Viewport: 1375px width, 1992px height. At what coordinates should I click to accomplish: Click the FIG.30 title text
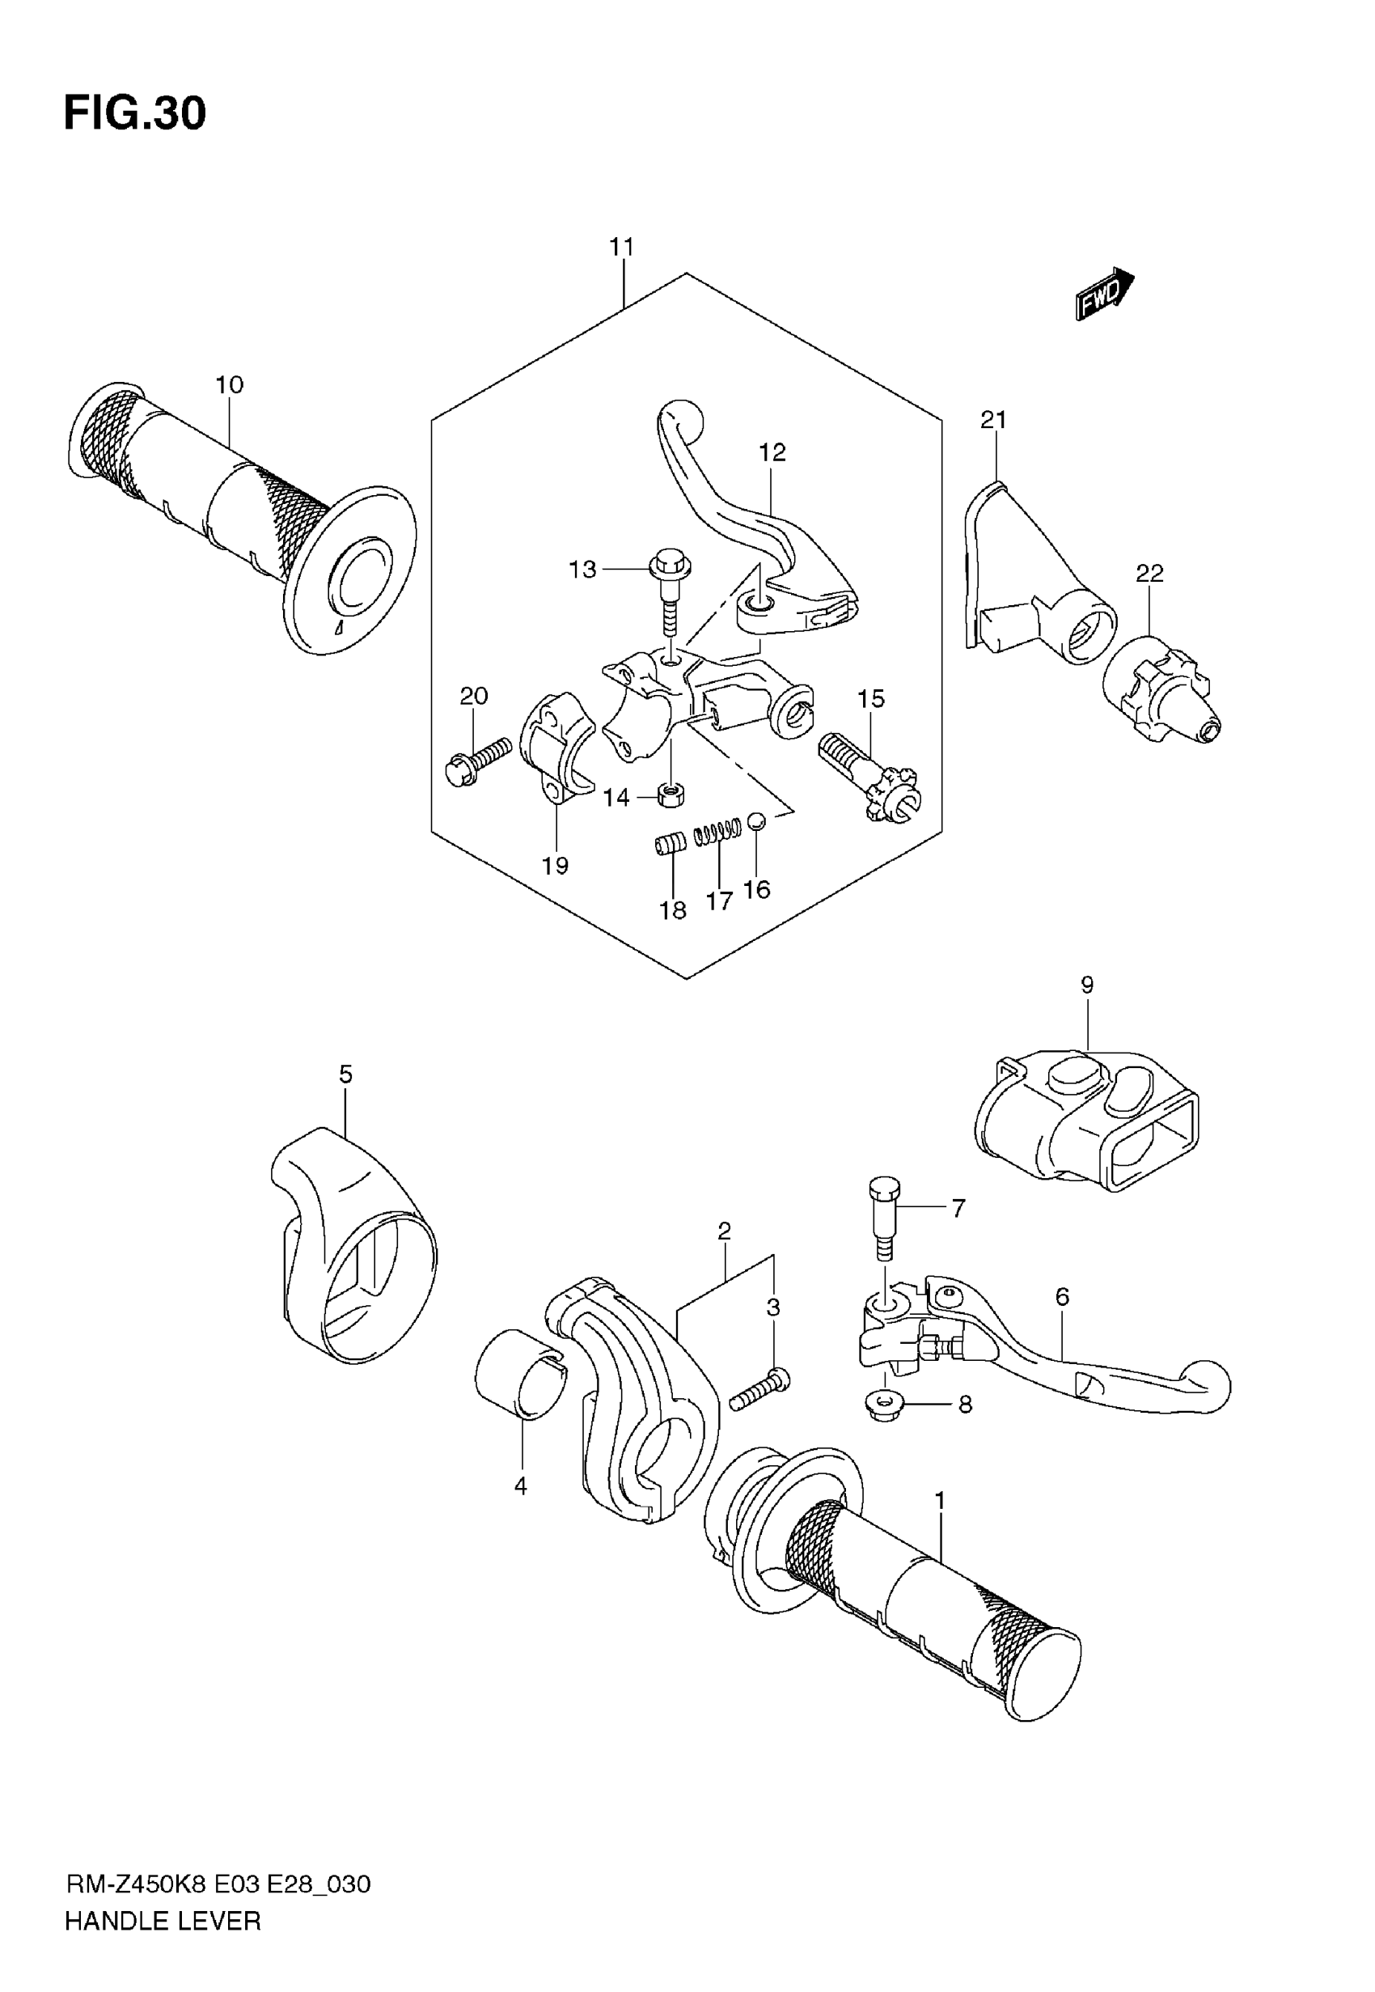(x=135, y=112)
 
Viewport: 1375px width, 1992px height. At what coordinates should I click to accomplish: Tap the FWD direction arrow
(x=1105, y=294)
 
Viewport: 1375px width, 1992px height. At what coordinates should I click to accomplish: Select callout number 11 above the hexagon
(x=621, y=248)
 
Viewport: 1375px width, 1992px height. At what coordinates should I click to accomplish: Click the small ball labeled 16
(x=755, y=821)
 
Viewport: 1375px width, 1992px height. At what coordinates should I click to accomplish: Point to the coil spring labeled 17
(x=717, y=832)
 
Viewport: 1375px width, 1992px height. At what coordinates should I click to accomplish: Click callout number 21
(x=993, y=421)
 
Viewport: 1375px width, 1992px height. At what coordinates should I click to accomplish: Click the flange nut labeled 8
(x=883, y=1406)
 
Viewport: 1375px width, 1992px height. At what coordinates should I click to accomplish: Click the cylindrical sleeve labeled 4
(x=520, y=1373)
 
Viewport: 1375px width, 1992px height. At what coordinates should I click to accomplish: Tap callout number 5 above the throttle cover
(x=345, y=1074)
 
